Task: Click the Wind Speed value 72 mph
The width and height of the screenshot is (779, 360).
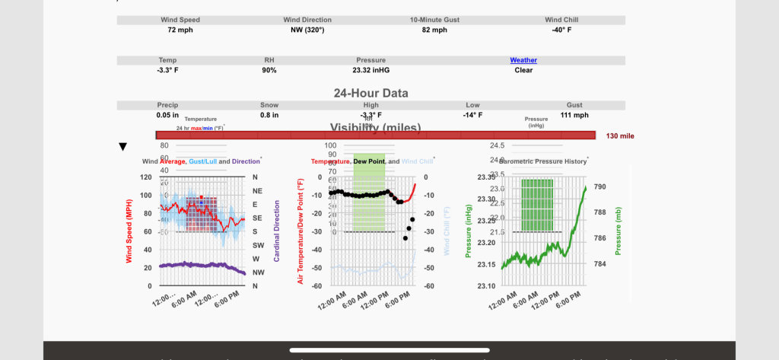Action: tap(180, 30)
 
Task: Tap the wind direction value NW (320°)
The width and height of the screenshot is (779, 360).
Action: tap(307, 30)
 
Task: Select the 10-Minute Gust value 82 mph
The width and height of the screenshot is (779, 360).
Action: tap(434, 30)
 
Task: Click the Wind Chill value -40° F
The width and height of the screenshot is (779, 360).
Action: tap(561, 30)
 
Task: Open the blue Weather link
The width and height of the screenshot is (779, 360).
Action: tap(523, 59)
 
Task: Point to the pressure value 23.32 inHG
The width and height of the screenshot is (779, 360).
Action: tap(371, 70)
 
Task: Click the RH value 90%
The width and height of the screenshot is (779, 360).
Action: tap(269, 70)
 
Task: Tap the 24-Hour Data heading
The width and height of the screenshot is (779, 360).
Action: tap(371, 94)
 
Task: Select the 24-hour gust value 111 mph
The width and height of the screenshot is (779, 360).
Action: tap(574, 115)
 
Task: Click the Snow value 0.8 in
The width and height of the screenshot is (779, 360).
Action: tap(269, 115)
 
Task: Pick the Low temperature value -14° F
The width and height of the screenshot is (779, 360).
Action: tap(472, 115)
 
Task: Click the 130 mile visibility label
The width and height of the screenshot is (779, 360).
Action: tap(620, 136)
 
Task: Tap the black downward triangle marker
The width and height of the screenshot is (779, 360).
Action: tap(122, 146)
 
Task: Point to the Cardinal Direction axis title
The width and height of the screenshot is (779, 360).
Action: tap(276, 231)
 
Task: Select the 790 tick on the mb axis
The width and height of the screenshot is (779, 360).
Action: tap(599, 186)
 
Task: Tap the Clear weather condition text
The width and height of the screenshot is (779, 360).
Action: tap(523, 70)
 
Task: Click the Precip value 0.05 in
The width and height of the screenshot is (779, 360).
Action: tap(167, 115)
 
